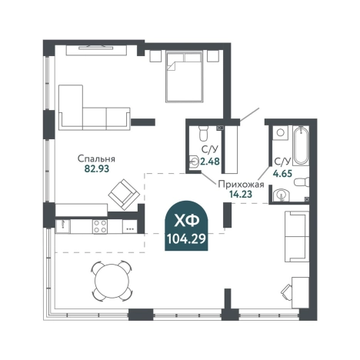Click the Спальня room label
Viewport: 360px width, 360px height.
point(96,159)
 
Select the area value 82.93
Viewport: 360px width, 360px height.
point(96,168)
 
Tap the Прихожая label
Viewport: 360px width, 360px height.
point(241,185)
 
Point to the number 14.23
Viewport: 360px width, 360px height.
point(241,194)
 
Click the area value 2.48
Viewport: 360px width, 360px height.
point(210,162)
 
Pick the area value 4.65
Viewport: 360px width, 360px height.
point(282,174)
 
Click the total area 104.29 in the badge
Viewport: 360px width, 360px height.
point(186,239)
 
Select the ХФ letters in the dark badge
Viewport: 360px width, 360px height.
point(186,222)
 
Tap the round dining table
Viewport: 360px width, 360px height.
point(112,281)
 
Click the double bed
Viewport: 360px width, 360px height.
point(185,76)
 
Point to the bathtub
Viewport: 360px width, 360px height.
point(301,145)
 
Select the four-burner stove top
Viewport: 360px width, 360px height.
point(100,226)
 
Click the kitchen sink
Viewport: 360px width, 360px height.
point(62,226)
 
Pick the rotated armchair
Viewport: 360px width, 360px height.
point(124,195)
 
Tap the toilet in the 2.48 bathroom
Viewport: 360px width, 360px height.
point(203,133)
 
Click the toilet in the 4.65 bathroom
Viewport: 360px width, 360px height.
point(302,182)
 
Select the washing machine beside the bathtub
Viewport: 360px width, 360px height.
point(281,132)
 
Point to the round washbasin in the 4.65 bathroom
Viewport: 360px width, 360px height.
point(282,195)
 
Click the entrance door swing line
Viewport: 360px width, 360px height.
point(249,115)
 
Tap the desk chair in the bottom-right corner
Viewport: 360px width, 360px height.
point(287,292)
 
